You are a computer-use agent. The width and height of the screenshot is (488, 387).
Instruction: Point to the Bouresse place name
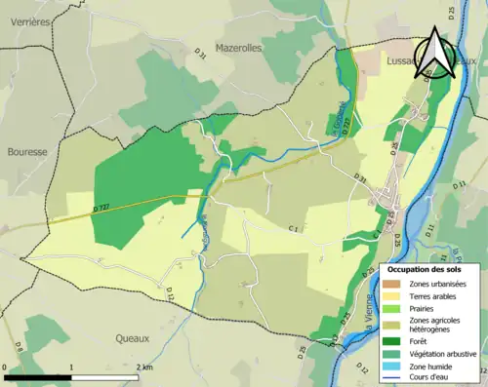[27, 152]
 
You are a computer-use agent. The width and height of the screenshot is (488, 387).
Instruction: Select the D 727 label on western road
[102, 206]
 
